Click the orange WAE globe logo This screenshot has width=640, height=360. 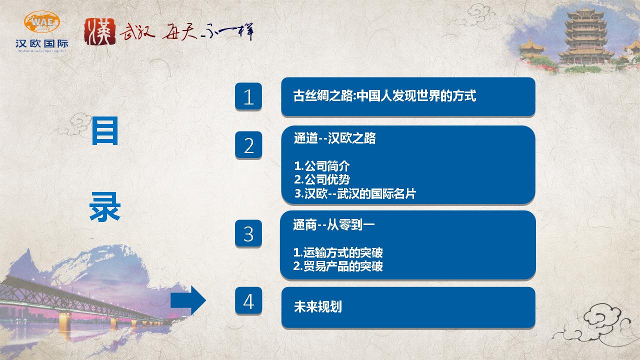(x=42, y=21)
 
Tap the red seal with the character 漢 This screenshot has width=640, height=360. (x=100, y=31)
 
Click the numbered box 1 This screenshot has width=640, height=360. (x=248, y=96)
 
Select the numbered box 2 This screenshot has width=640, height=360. (x=248, y=145)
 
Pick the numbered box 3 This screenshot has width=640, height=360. (x=248, y=233)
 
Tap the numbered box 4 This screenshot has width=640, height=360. (x=248, y=301)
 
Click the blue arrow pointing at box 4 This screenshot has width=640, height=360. (x=188, y=300)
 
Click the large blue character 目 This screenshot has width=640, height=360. (x=105, y=131)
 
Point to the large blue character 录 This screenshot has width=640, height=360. (x=105, y=207)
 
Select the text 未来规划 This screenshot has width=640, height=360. (x=317, y=306)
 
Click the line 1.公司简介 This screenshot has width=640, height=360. (x=322, y=166)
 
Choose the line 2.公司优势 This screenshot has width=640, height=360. (x=322, y=179)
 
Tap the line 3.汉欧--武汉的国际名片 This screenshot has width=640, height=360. (x=355, y=193)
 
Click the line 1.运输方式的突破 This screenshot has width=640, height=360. (x=338, y=252)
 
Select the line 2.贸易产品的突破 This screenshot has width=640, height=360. (x=338, y=266)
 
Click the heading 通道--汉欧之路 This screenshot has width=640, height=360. (x=335, y=138)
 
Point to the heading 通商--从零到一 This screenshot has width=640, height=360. (x=333, y=225)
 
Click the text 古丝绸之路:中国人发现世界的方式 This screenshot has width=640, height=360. (x=385, y=95)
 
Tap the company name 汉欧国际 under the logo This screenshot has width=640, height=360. (x=42, y=43)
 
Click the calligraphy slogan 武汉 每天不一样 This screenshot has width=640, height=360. (x=186, y=32)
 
